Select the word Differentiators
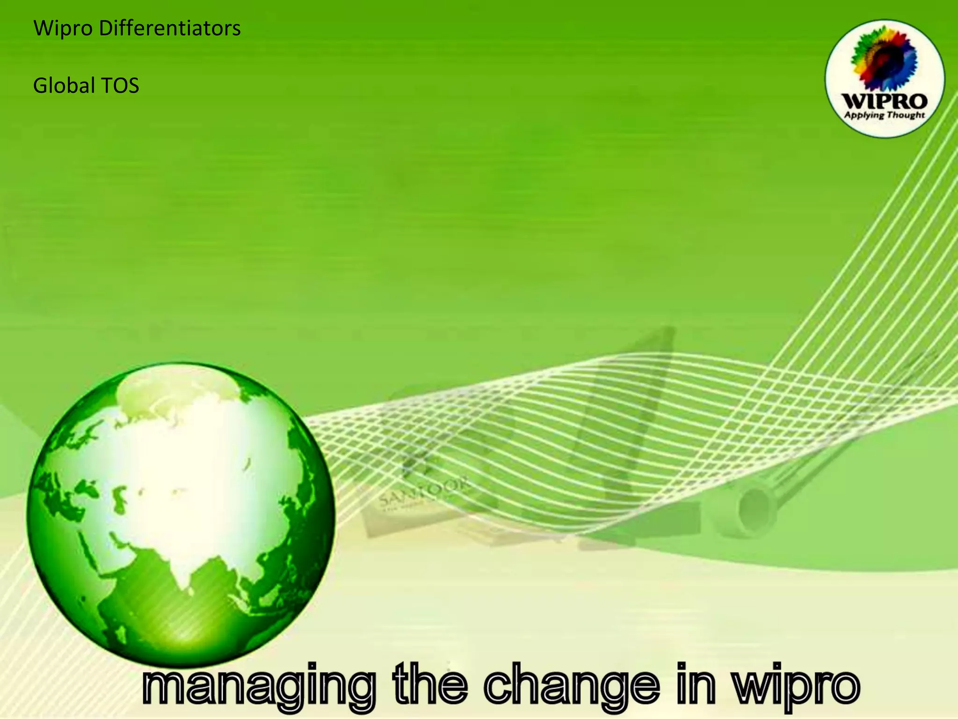tap(170, 28)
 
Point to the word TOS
tap(120, 86)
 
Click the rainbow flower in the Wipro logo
tap(884, 59)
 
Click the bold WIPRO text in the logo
tap(884, 101)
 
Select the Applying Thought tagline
tap(884, 115)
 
